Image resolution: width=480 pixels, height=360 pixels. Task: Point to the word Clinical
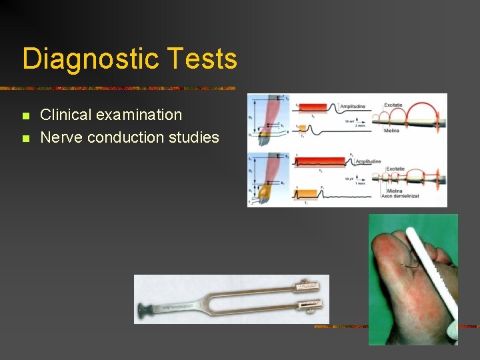click(x=65, y=115)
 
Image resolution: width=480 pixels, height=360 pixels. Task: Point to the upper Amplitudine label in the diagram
click(x=357, y=107)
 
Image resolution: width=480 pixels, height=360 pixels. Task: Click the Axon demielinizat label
click(x=403, y=197)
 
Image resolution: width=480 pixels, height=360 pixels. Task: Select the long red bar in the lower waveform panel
click(x=321, y=161)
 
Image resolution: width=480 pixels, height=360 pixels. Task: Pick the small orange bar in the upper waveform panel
click(x=303, y=128)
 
